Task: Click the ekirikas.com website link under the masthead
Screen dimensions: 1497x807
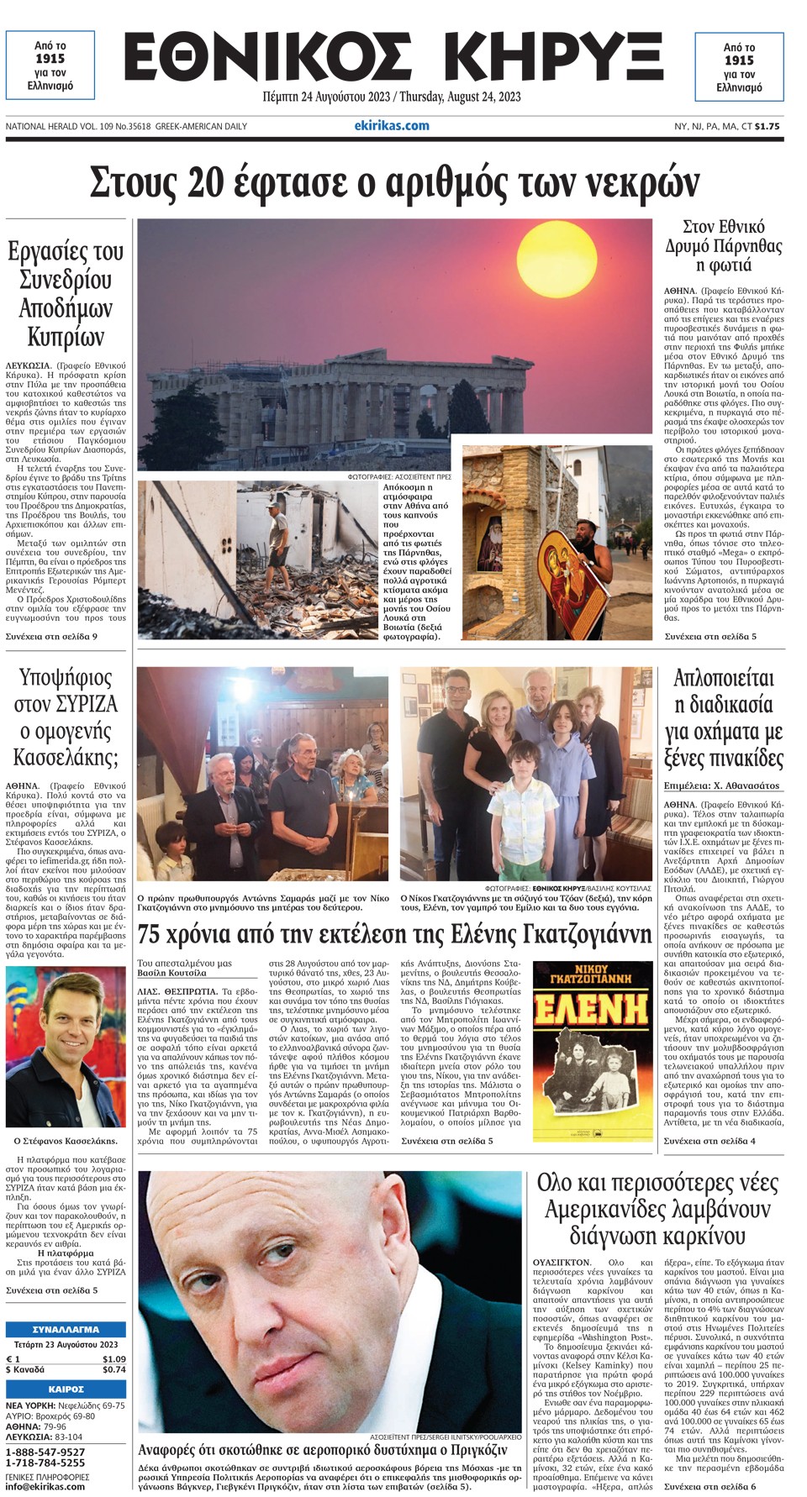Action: click(x=392, y=126)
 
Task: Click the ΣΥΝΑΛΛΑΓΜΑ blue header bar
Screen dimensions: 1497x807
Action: click(x=66, y=1330)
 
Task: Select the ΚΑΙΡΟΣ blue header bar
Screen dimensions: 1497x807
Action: click(x=66, y=1389)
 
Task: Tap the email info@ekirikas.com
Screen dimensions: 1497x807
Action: click(x=45, y=1486)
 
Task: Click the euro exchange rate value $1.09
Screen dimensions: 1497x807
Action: click(x=114, y=1358)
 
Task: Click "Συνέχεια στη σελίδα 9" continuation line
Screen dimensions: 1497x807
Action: click(x=51, y=636)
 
